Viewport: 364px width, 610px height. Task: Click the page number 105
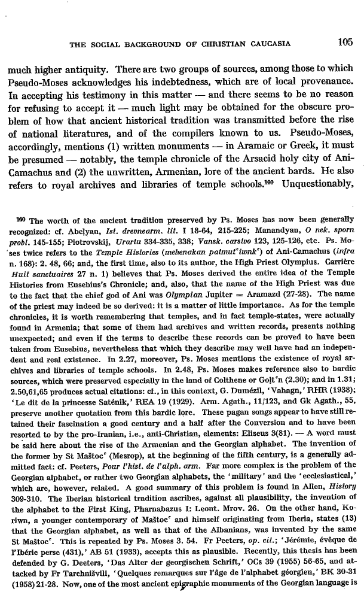click(x=346, y=43)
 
